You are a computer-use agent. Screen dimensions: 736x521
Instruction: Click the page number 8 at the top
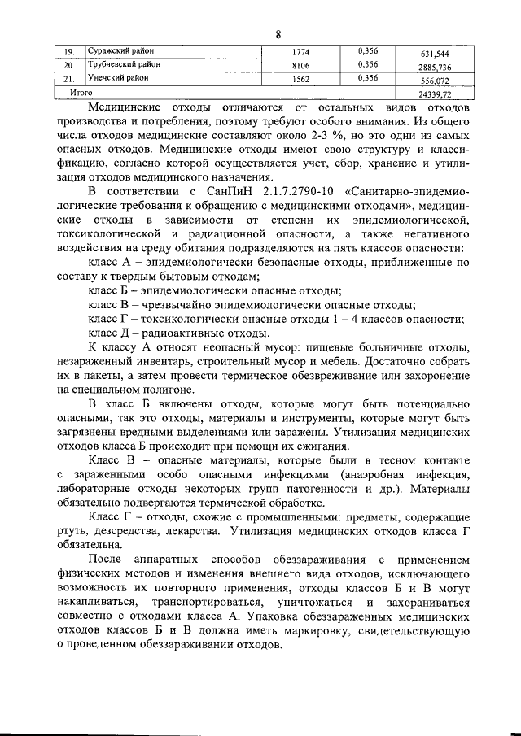(x=278, y=34)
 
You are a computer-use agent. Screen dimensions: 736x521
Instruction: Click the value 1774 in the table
(x=301, y=53)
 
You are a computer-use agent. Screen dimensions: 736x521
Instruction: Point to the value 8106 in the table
(x=301, y=66)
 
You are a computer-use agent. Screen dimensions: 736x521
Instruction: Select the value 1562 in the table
(x=301, y=80)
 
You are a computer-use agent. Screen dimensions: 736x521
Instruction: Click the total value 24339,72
(x=432, y=96)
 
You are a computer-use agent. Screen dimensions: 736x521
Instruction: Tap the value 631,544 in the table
(x=432, y=55)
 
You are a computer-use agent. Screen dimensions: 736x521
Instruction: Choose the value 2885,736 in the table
(x=432, y=69)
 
